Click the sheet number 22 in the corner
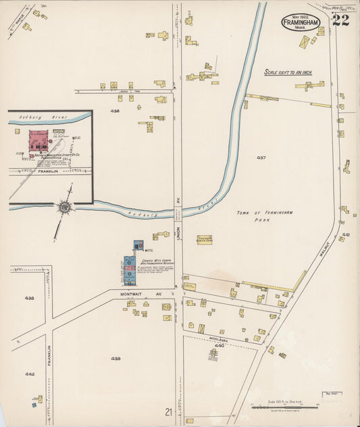(x=340, y=19)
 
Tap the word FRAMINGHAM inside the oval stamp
(x=301, y=22)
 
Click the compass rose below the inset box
(x=66, y=207)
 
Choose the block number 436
(x=115, y=111)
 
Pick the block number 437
(x=261, y=157)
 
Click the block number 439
(x=115, y=358)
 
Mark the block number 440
(x=215, y=345)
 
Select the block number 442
(x=30, y=374)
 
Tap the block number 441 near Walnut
(x=346, y=234)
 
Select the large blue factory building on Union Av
(x=129, y=270)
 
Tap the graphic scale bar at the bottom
(x=284, y=407)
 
